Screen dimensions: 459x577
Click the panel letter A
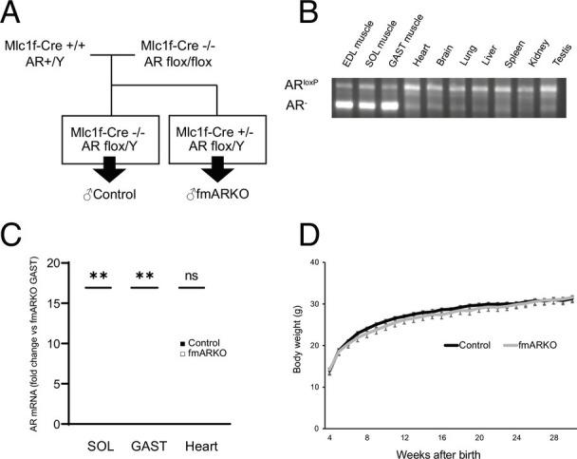click(17, 15)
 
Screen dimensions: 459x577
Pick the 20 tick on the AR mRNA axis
click(54, 262)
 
